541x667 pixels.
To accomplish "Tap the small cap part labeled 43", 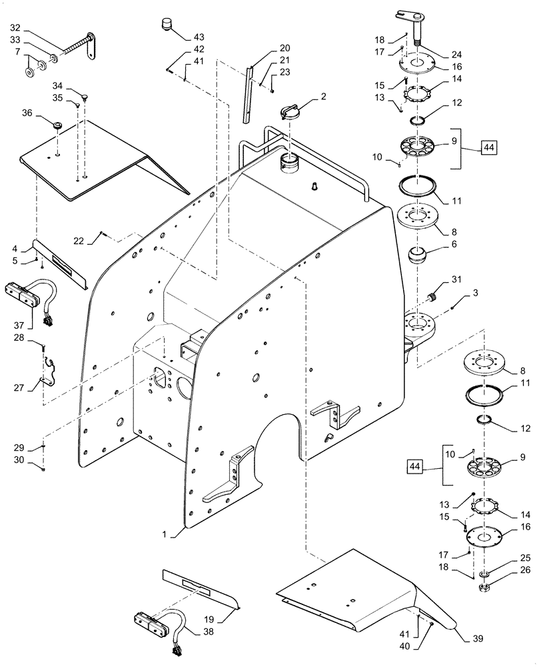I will click(x=163, y=25).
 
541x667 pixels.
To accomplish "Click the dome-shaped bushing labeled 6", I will click(x=420, y=255).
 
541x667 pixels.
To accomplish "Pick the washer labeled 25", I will click(x=484, y=574).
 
